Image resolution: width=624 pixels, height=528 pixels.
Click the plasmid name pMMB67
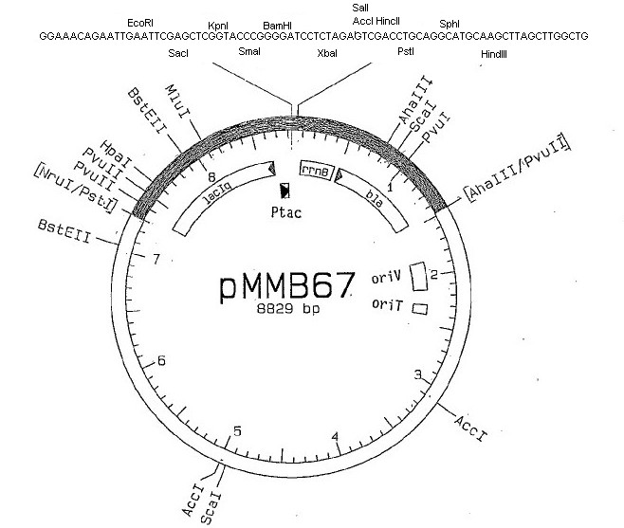(x=287, y=285)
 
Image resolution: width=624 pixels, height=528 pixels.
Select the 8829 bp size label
(x=288, y=309)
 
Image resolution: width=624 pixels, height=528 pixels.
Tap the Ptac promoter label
(x=286, y=212)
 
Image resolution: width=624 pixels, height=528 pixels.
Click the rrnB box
(x=316, y=171)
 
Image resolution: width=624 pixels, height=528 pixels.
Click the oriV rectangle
(x=418, y=276)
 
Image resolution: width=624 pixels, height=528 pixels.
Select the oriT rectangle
(x=420, y=309)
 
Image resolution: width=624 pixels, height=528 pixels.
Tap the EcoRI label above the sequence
(x=140, y=23)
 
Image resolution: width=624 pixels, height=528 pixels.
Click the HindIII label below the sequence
(x=493, y=54)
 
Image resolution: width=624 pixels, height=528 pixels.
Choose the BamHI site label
(x=277, y=26)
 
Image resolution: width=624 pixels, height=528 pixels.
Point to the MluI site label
(x=177, y=101)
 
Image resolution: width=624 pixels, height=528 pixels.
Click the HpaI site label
(x=116, y=154)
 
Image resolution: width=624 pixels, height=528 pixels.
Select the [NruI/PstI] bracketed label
(x=76, y=188)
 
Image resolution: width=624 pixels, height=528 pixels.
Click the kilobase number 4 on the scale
(x=336, y=437)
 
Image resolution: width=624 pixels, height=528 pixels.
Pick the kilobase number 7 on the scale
(x=156, y=259)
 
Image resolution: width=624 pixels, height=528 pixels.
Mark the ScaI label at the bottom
(x=211, y=508)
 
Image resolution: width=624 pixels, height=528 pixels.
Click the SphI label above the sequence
(x=450, y=24)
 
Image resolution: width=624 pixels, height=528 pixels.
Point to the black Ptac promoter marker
(x=284, y=191)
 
